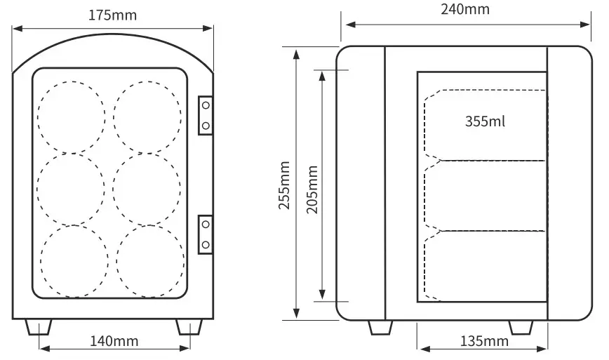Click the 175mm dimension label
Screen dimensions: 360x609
click(113, 15)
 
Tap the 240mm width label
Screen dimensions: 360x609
click(466, 9)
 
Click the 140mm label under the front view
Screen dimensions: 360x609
click(114, 342)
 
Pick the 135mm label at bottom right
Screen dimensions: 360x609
click(484, 342)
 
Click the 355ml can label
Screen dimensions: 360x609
click(485, 121)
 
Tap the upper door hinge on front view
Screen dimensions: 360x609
click(206, 114)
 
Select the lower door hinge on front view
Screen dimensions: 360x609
click(206, 234)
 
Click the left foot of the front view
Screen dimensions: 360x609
click(39, 327)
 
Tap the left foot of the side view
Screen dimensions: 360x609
click(380, 328)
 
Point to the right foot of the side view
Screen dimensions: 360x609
click(520, 328)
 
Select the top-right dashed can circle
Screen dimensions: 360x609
click(147, 117)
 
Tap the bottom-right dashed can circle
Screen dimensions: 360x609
click(150, 260)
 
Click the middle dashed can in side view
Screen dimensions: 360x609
click(486, 195)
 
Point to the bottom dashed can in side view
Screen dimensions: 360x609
click(486, 265)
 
